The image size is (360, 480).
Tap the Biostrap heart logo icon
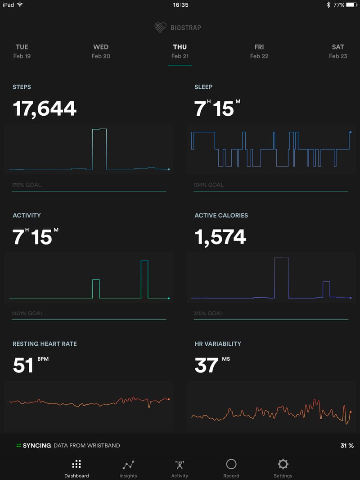click(160, 27)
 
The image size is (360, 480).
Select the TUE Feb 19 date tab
click(22, 51)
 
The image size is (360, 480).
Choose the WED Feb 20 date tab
click(101, 51)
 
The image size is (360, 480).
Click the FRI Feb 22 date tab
click(259, 51)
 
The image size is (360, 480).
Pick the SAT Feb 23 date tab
click(338, 51)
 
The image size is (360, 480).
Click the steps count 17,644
click(45, 109)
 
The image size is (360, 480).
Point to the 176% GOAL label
click(27, 185)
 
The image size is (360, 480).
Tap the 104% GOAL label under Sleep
click(209, 185)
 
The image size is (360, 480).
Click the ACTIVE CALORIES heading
click(221, 216)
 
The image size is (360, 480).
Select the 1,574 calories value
click(220, 237)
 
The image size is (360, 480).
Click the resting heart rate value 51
click(23, 365)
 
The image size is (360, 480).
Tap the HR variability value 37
click(207, 365)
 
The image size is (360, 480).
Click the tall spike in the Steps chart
click(99, 149)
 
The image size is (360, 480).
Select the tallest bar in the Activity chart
click(144, 279)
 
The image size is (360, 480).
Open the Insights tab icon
click(128, 465)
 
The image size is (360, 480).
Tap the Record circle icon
click(231, 464)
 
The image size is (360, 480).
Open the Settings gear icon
click(283, 464)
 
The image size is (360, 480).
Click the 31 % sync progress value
click(347, 446)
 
